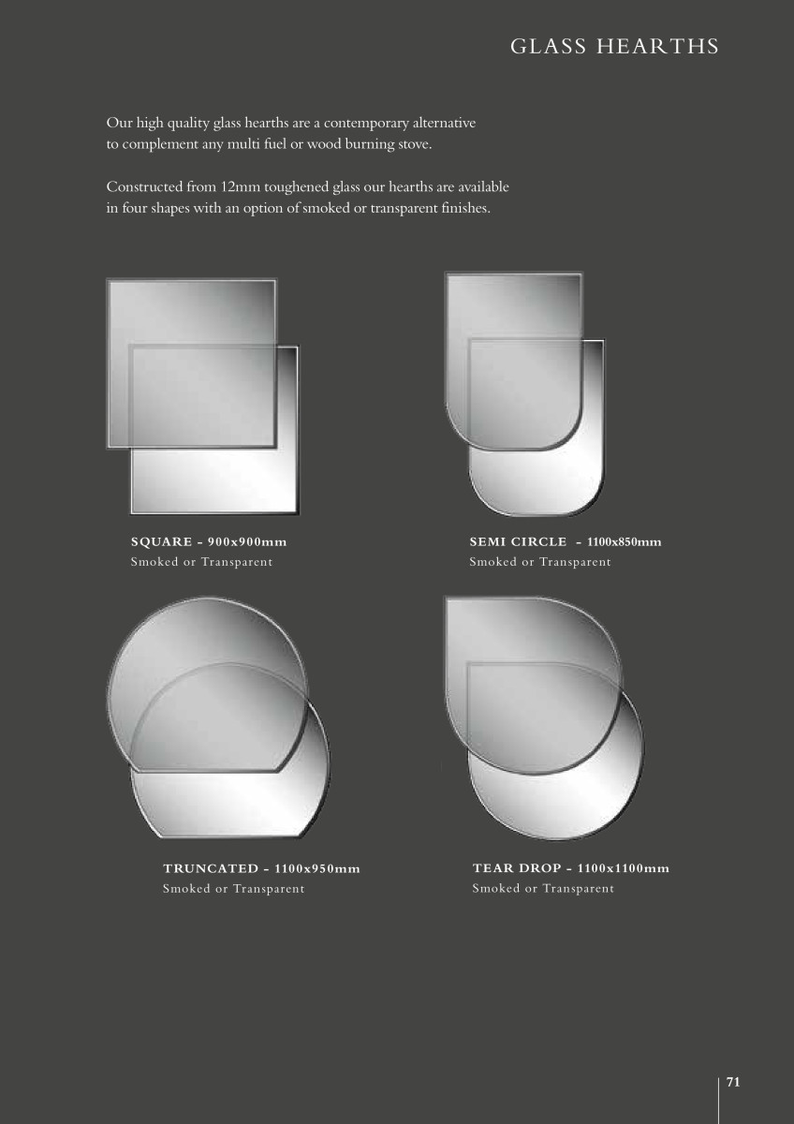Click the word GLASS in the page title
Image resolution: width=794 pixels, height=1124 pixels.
tap(549, 47)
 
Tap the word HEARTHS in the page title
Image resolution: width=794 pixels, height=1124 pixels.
tap(657, 47)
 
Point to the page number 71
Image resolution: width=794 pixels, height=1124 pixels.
tap(733, 1083)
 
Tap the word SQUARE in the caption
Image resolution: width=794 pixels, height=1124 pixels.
tap(161, 542)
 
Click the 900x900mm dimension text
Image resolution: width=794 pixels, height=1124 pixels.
tap(247, 542)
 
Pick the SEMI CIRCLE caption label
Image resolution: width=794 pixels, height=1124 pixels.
tap(518, 542)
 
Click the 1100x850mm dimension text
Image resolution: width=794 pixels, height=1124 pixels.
tap(624, 542)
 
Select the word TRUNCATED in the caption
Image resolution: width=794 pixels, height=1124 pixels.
tap(211, 868)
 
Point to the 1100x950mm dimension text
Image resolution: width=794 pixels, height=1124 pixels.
tap(317, 868)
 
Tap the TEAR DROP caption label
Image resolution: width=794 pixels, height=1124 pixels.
tap(517, 868)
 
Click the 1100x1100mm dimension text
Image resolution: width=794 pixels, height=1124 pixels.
tap(623, 868)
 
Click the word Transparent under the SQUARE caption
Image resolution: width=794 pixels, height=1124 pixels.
tap(237, 562)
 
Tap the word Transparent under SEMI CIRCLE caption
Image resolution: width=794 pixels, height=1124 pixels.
tap(575, 562)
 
